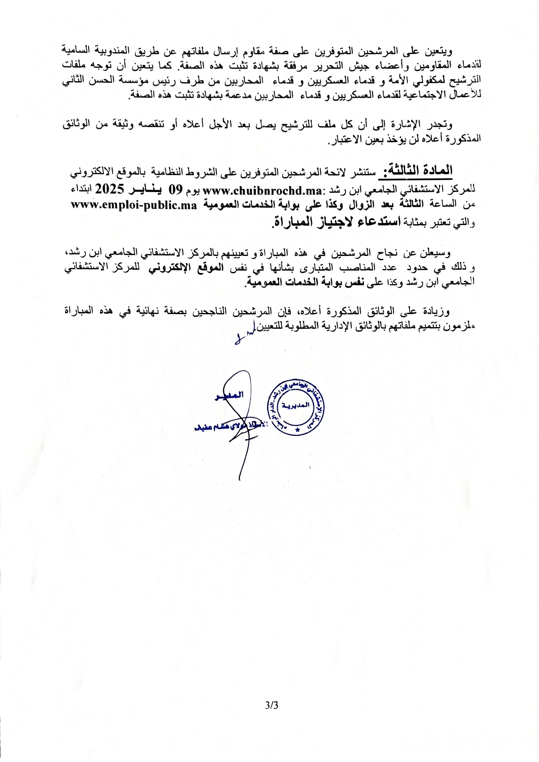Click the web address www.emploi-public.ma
coord(134,205)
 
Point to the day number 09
coord(175,190)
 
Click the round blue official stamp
coord(297,408)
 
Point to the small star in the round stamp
coord(297,430)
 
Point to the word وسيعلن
coord(437,252)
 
